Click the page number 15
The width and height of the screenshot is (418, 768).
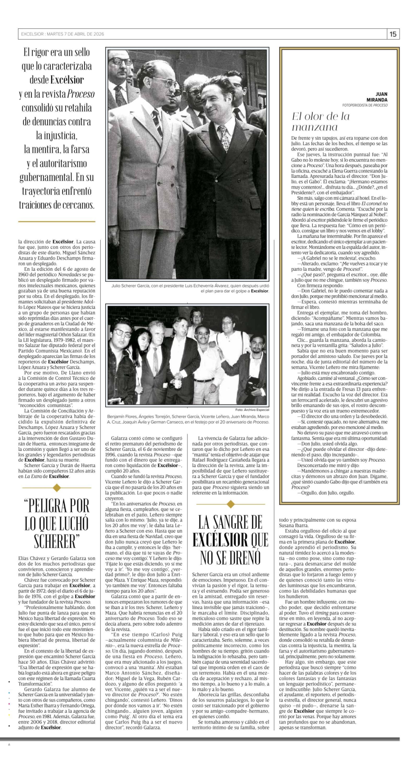(393, 34)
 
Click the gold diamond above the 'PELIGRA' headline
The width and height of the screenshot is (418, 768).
(57, 488)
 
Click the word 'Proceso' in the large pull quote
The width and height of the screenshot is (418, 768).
(80, 94)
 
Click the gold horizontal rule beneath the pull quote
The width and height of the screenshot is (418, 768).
(57, 222)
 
